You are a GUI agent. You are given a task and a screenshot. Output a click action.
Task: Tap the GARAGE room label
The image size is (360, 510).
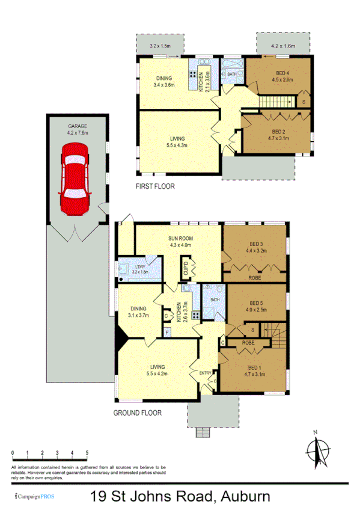78,127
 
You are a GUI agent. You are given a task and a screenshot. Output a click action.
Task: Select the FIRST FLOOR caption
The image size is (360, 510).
155,186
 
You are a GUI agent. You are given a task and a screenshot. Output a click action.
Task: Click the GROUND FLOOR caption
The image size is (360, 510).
138,413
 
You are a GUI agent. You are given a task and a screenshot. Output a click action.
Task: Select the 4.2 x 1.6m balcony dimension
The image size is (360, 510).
284,46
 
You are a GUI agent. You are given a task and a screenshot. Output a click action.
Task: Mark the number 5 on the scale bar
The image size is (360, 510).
87,452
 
